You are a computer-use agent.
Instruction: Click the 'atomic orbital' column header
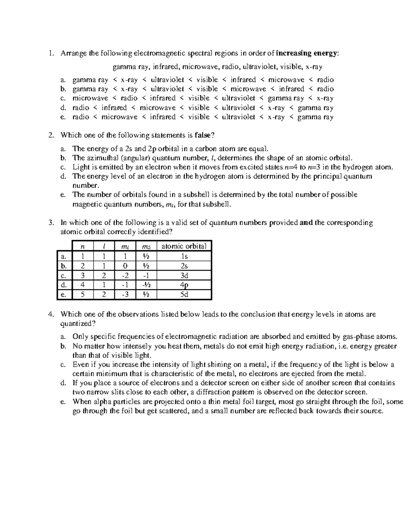pyautogui.click(x=184, y=246)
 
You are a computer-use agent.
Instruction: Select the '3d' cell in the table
pyautogui.click(x=184, y=276)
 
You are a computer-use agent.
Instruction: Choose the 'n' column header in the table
pyautogui.click(x=82, y=246)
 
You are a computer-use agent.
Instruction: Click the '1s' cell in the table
pyautogui.click(x=184, y=256)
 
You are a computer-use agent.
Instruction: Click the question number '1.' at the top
pyautogui.click(x=51, y=53)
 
